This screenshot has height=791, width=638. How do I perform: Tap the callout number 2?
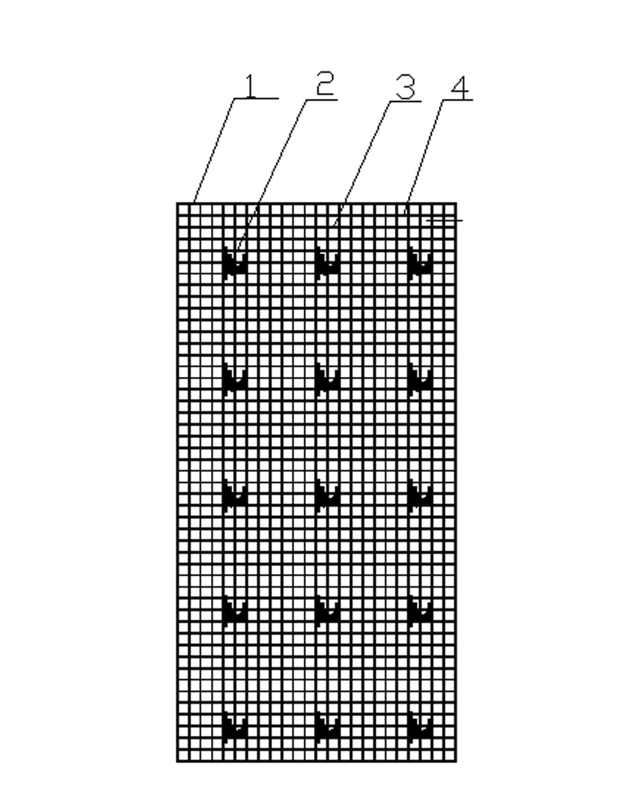click(x=325, y=84)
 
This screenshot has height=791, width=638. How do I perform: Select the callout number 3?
click(x=406, y=86)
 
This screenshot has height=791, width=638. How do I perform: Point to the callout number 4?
click(x=460, y=88)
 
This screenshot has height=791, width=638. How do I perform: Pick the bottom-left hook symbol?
click(x=234, y=728)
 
